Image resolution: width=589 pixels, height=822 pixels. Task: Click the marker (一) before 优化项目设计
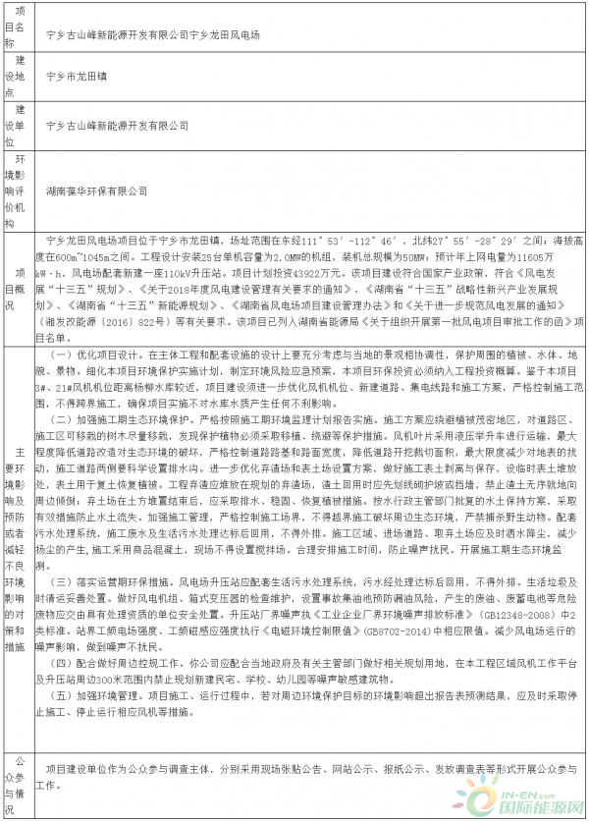coord(61,354)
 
